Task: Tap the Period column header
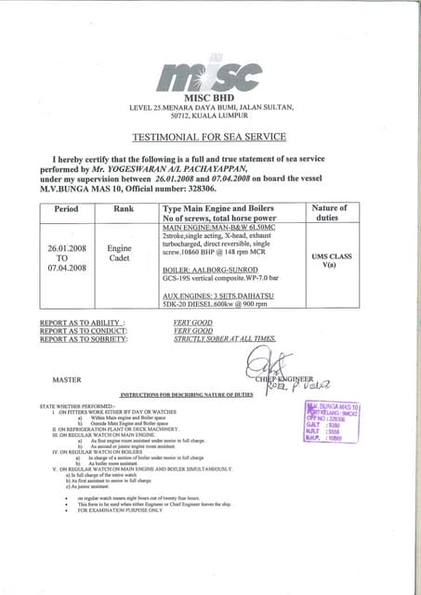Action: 66,209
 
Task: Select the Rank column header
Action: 124,209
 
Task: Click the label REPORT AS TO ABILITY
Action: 83,323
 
